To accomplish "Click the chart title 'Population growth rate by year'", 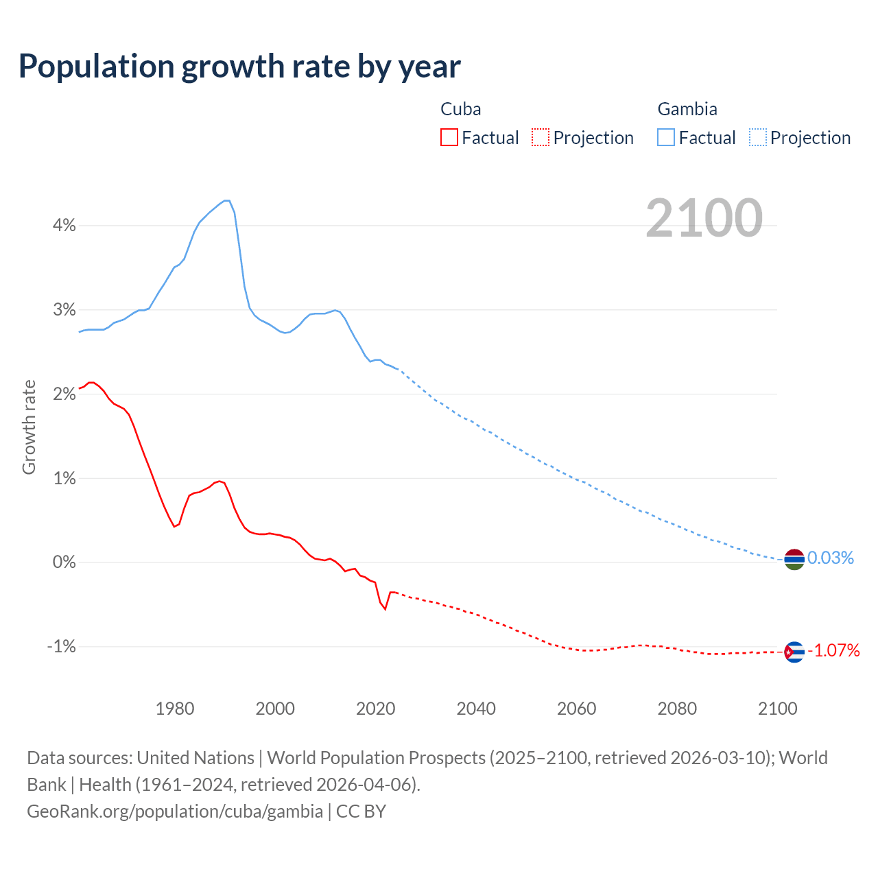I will tap(239, 67).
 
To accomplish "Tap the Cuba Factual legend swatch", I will tap(449, 137).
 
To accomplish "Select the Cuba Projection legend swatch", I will tap(541, 137).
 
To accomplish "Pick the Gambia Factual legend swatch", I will tap(666, 137).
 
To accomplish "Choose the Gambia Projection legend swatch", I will tap(758, 137).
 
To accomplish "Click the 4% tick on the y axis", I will tap(64, 225).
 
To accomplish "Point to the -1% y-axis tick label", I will tap(62, 646).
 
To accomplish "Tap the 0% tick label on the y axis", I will tap(64, 562).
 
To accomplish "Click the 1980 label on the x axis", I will tap(175, 709).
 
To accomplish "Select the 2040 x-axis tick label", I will tap(476, 709).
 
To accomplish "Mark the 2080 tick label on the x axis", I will tap(677, 709).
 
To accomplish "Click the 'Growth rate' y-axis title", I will tap(29, 427).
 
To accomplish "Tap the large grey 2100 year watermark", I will tap(704, 218).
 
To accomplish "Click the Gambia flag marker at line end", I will tap(794, 560).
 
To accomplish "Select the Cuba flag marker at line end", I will tap(794, 652).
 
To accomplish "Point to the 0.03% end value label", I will tap(830, 558).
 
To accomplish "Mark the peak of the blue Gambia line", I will tap(226, 200).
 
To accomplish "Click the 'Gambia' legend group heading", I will tap(687, 109).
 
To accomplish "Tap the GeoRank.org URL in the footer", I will tap(175, 811).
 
